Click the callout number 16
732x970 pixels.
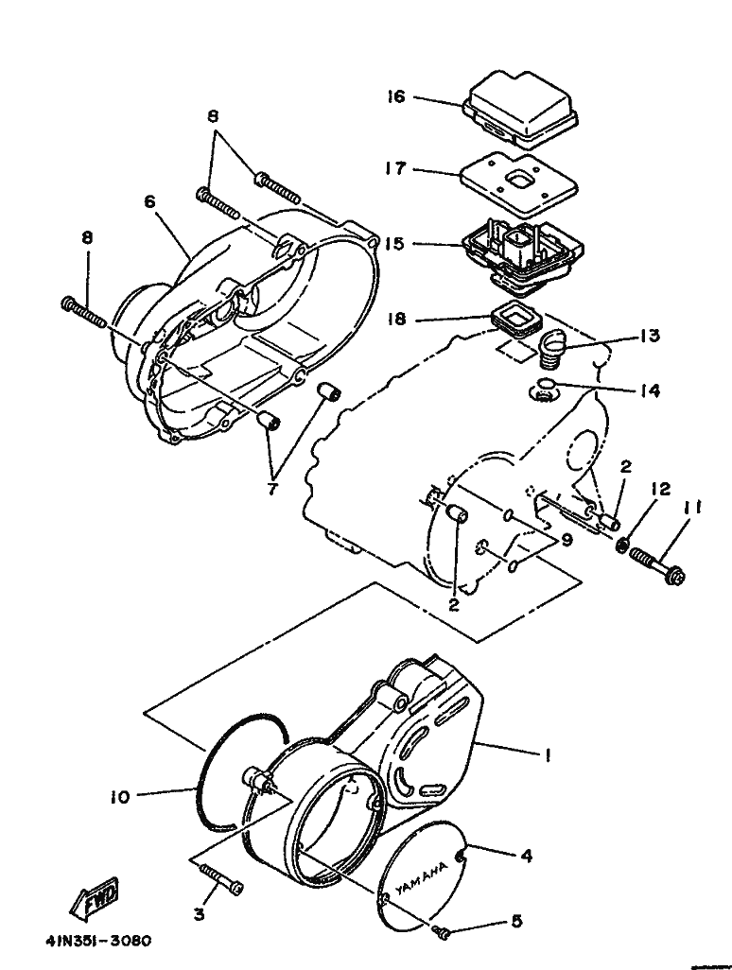pos(396,96)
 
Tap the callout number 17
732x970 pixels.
pos(396,168)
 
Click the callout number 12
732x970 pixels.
pos(660,490)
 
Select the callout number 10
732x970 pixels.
pos(120,797)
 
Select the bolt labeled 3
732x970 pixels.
pos(221,878)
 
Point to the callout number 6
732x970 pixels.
pos(150,202)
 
